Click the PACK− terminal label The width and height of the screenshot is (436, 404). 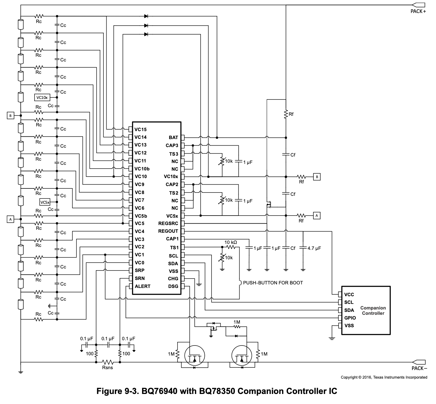coord(419,368)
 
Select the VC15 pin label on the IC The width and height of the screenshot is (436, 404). coord(140,129)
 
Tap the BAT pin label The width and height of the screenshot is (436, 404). coord(173,137)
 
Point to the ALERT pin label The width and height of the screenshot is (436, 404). coord(142,286)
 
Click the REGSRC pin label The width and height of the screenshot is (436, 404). coord(168,223)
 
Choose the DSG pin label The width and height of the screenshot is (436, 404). coord(173,286)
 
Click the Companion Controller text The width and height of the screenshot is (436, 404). coord(373,310)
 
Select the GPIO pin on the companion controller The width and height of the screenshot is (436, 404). coord(350,318)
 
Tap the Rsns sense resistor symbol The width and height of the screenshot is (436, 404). coord(108,362)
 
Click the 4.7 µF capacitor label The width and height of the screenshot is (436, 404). coord(314,248)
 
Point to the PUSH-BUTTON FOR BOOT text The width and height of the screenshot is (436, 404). coord(273,283)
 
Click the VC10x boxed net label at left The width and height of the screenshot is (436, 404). coord(42,97)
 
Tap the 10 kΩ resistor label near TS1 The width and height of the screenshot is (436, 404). coord(230,242)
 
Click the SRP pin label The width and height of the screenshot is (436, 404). coord(140,270)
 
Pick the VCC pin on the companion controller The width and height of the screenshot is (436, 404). coord(349,294)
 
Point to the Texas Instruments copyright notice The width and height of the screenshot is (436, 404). coord(384,377)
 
